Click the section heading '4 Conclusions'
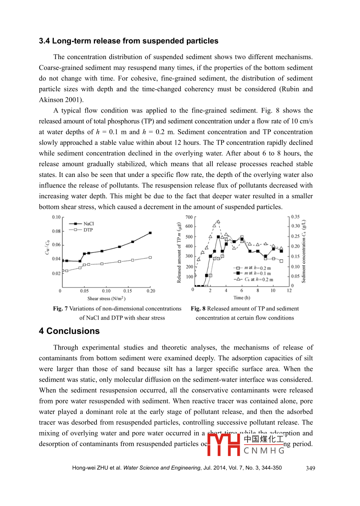pyautogui.click(x=69, y=331)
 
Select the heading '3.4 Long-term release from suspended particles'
pyautogui.click(x=129, y=41)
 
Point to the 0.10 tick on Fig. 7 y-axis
pyautogui.click(x=56, y=217)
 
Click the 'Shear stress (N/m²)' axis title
pyautogui.click(x=106, y=299)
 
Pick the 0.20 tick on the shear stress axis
pyautogui.click(x=151, y=291)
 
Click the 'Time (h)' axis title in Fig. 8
pyautogui.click(x=242, y=298)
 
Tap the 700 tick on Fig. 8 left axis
pyautogui.click(x=189, y=217)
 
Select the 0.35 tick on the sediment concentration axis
pyautogui.click(x=296, y=217)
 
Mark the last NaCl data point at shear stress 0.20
pyautogui.click(x=150, y=233)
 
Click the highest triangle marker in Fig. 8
pyautogui.click(x=218, y=221)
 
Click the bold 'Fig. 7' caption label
pyautogui.click(x=60, y=308)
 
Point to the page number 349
pyautogui.click(x=310, y=468)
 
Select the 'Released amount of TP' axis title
pyautogui.click(x=179, y=253)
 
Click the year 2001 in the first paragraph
pyautogui.click(x=74, y=100)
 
